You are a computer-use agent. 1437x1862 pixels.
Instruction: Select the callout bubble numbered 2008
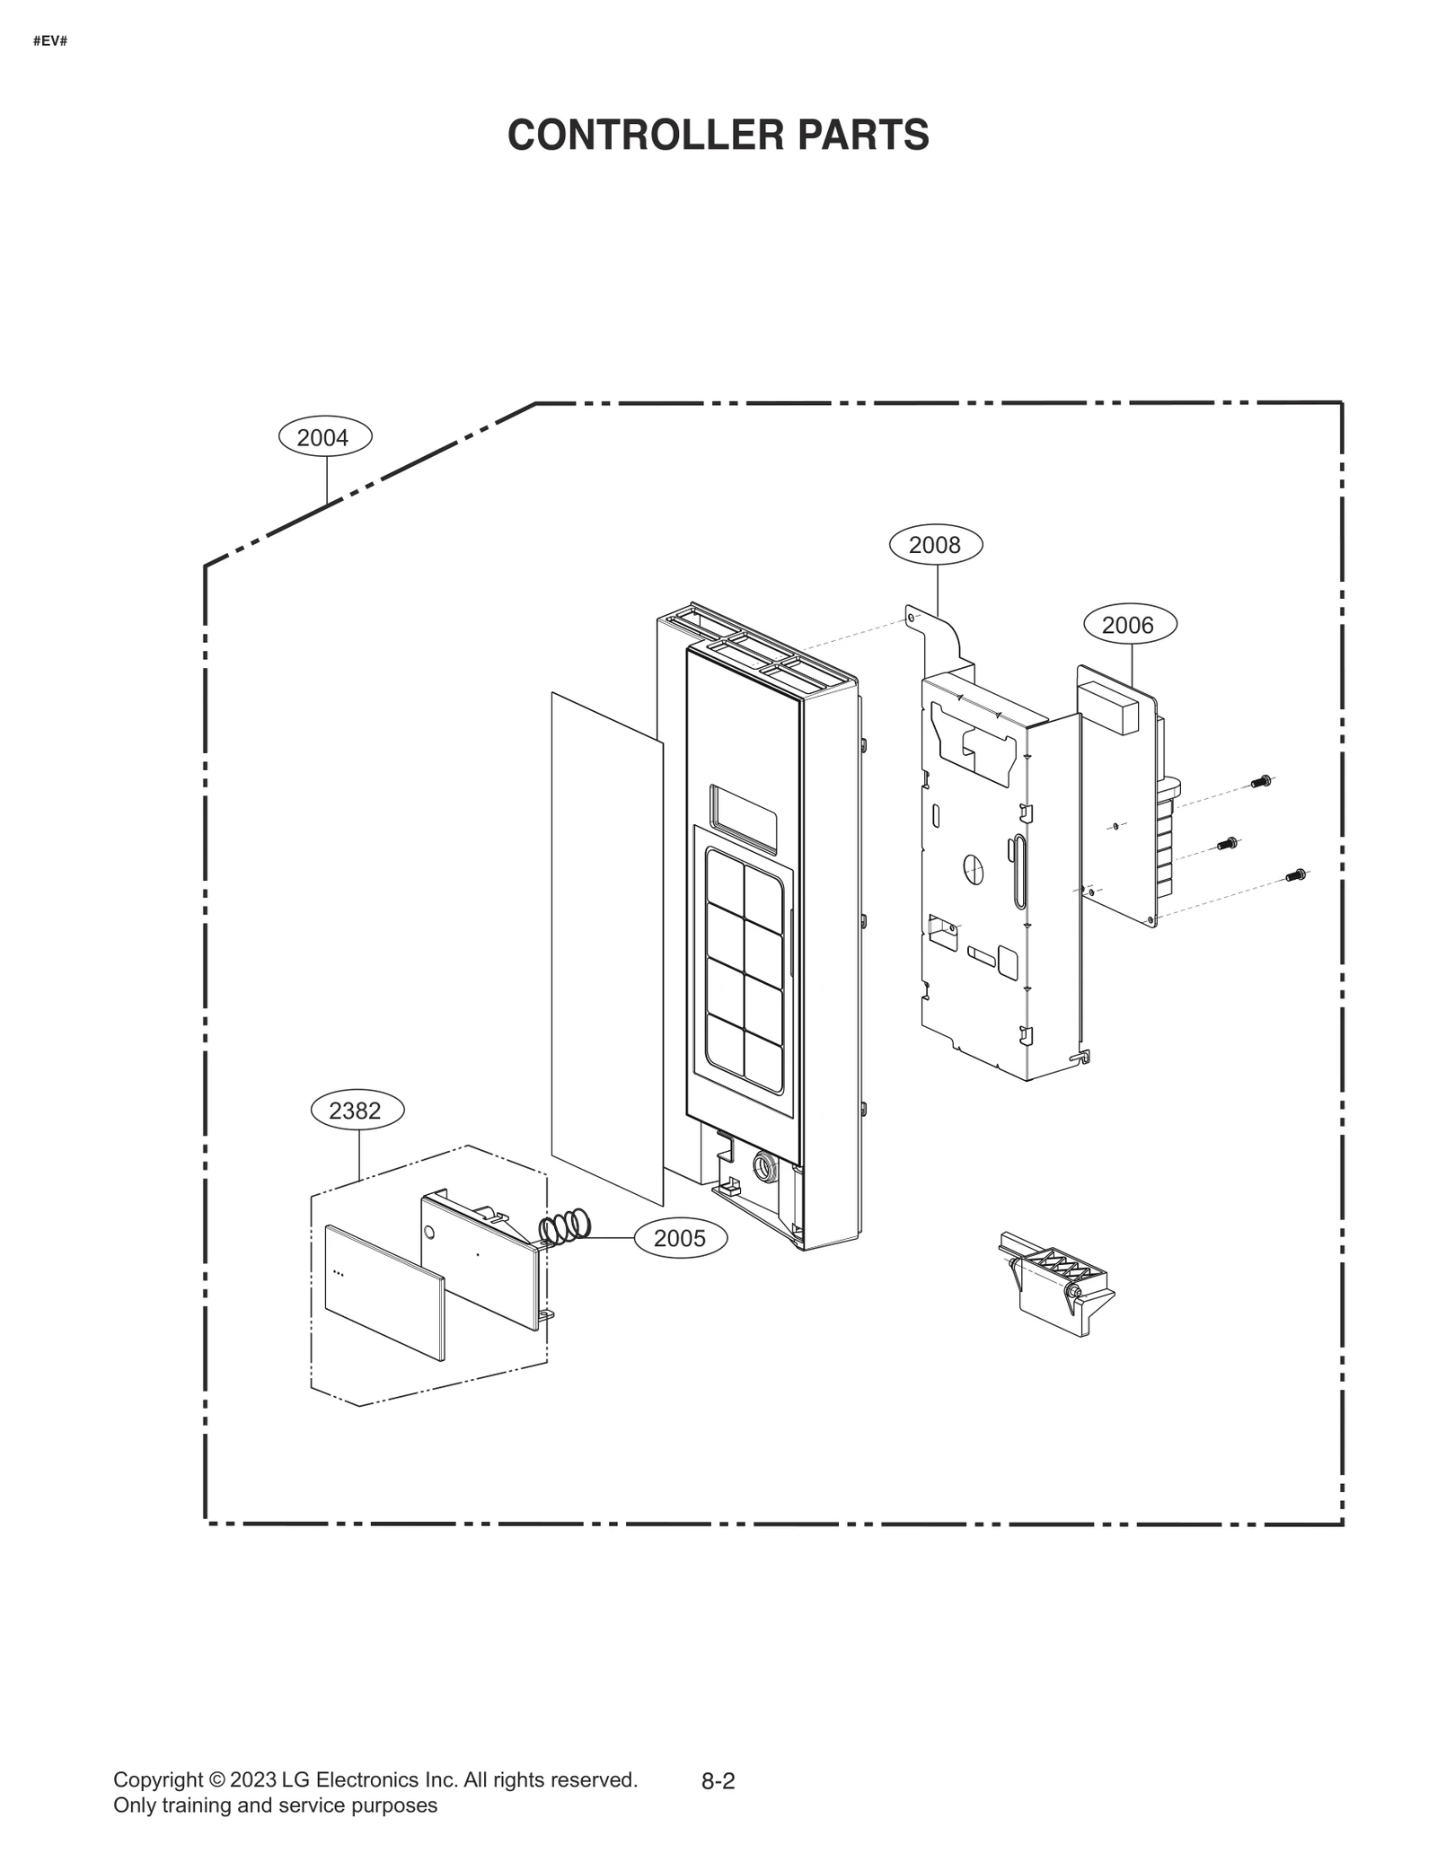pos(935,545)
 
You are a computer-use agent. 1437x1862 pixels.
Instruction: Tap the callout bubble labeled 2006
pos(1127,625)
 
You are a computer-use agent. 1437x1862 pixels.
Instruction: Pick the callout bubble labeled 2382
pos(355,1111)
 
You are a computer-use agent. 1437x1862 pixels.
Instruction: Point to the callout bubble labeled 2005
pos(680,1239)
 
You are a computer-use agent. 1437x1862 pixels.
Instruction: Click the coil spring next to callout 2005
pos(565,1226)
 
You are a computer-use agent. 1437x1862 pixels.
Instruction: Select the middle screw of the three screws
pos(1227,843)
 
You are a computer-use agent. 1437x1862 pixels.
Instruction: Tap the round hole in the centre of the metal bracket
pos(974,867)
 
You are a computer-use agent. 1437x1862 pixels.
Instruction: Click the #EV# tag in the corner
pos(49,41)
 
